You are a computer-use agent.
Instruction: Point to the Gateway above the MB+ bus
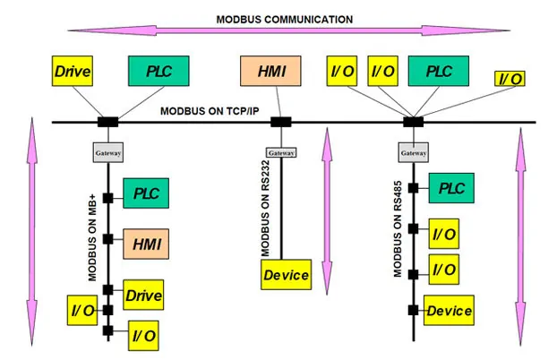pos(107,153)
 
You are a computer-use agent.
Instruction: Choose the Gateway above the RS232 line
pos(281,153)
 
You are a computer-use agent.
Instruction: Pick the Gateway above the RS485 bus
pos(413,153)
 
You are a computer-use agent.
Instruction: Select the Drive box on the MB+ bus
pos(146,293)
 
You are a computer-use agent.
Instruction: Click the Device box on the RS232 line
pos(286,274)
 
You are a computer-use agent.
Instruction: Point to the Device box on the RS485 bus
pos(449,311)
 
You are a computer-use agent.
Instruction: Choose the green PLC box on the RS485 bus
pos(450,188)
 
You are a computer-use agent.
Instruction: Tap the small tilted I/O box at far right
pos(509,80)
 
